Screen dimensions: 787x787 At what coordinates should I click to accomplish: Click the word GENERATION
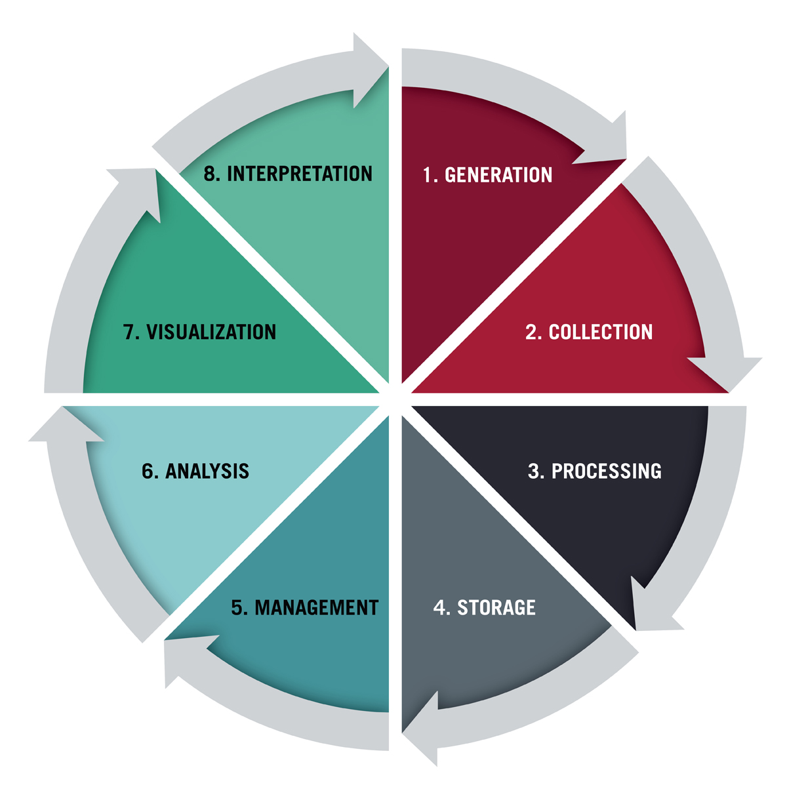point(498,175)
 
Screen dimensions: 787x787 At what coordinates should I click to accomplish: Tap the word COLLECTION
point(601,332)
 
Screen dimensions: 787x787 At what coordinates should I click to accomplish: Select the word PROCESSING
point(607,471)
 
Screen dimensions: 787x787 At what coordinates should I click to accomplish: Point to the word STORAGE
point(496,607)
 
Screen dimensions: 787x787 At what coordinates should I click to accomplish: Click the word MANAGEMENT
point(317,607)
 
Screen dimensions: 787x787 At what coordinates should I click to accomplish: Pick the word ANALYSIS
point(207,471)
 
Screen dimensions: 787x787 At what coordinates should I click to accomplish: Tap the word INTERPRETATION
point(300,174)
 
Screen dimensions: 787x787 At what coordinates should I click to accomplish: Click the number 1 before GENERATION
point(427,175)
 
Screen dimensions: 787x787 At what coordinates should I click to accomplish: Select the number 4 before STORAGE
point(439,607)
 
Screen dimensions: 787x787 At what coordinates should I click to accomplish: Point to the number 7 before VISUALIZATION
point(129,332)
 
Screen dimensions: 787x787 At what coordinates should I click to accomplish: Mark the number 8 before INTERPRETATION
point(209,174)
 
